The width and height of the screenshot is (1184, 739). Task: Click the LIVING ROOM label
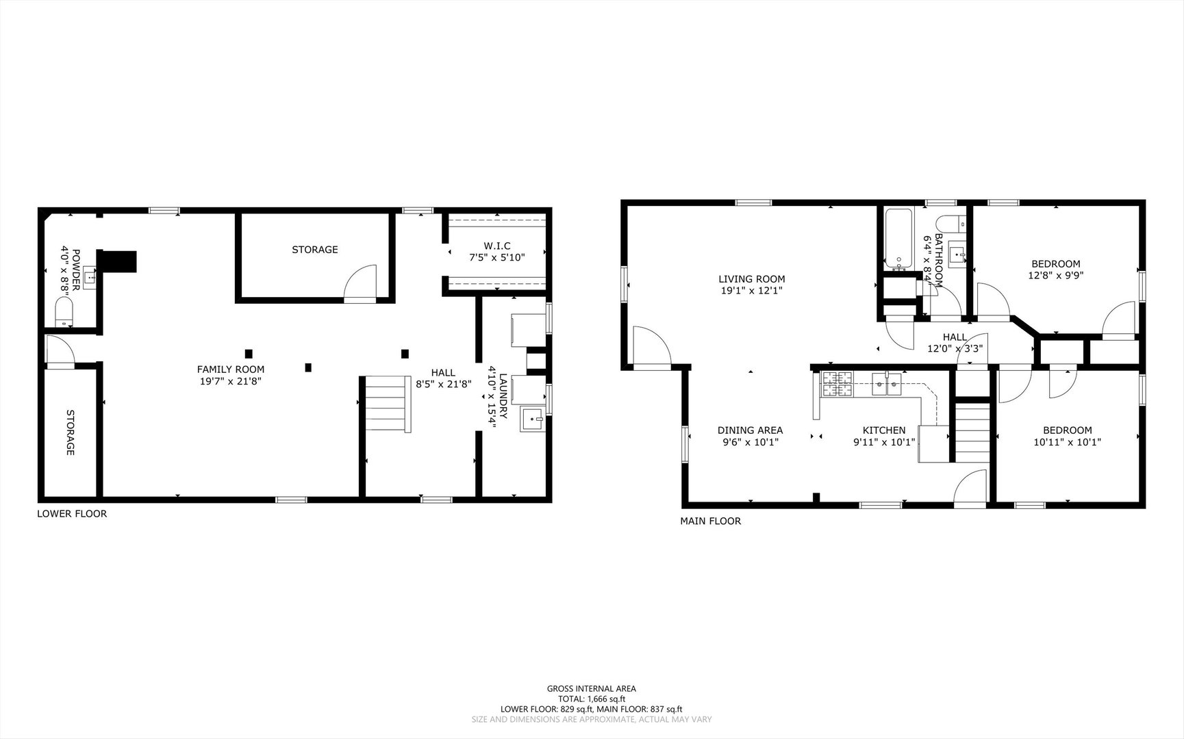click(x=751, y=279)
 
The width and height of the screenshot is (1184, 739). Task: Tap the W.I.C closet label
click(x=497, y=246)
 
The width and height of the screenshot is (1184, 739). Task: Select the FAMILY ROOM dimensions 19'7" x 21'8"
click(x=231, y=381)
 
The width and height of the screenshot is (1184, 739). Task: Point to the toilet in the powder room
click(x=64, y=314)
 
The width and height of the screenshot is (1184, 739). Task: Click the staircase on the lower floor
click(x=386, y=404)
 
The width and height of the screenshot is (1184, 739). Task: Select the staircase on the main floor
click(x=972, y=433)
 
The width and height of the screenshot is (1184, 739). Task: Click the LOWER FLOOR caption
click(x=72, y=514)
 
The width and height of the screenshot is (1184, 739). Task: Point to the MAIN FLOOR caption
click(x=710, y=521)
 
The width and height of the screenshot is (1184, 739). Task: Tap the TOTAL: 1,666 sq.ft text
click(x=592, y=699)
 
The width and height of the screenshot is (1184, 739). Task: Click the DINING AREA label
click(x=750, y=430)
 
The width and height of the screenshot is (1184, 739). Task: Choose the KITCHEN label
click(x=883, y=430)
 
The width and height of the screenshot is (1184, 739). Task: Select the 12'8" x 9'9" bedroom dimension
click(x=1056, y=276)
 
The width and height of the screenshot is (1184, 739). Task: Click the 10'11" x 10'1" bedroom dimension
click(x=1068, y=442)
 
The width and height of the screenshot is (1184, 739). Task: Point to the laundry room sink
click(x=533, y=419)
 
